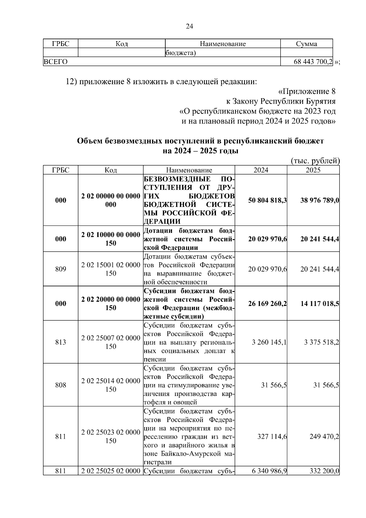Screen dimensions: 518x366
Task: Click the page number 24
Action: click(x=189, y=27)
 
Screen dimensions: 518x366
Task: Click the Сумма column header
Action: click(x=306, y=44)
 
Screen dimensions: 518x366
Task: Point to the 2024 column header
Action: click(x=261, y=170)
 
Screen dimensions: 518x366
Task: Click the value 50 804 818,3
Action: click(x=267, y=200)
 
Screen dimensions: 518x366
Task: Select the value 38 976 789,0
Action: click(x=320, y=200)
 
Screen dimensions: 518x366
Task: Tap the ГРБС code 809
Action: click(x=60, y=269)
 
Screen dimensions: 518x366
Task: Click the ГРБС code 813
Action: click(x=60, y=342)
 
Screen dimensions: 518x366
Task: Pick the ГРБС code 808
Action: click(x=60, y=385)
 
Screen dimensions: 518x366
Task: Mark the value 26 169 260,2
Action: click(x=267, y=304)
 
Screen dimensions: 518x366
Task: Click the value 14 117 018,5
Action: click(x=320, y=304)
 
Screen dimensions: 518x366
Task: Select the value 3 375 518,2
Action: click(x=321, y=342)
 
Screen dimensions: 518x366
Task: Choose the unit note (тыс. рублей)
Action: click(x=315, y=161)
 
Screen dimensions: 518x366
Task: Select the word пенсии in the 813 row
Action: click(x=155, y=359)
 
